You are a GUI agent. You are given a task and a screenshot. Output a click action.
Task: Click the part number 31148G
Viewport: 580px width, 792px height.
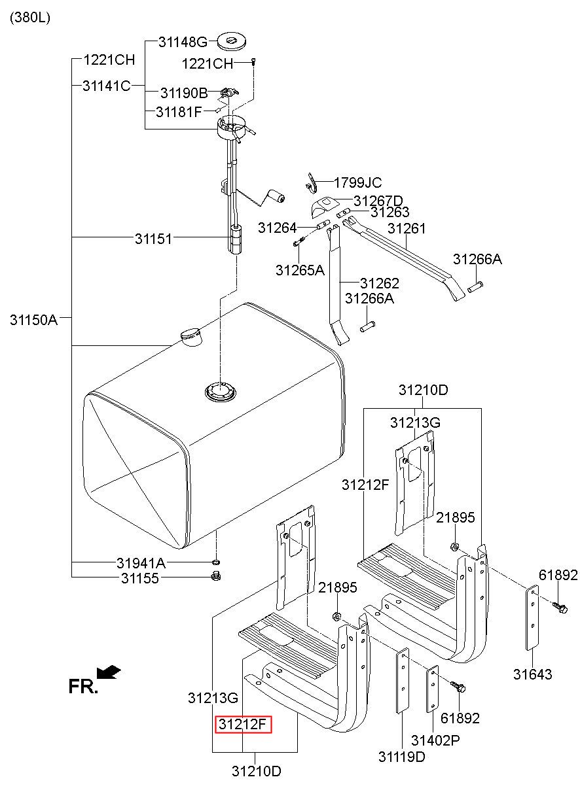point(183,43)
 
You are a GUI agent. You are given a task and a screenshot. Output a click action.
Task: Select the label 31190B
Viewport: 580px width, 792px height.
point(184,94)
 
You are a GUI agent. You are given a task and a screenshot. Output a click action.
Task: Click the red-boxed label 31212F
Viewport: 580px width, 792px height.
point(243,724)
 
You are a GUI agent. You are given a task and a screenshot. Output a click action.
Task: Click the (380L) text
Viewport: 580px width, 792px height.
point(29,18)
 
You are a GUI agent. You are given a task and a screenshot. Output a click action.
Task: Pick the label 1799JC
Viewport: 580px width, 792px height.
point(357,183)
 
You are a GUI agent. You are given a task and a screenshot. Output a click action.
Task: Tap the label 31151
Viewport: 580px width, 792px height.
point(153,239)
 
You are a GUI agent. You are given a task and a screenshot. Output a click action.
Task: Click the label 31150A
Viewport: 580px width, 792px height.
point(34,320)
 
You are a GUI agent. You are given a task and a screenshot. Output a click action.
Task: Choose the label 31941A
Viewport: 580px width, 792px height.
point(141,562)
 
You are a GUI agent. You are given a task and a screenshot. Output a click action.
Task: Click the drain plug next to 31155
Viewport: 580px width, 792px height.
point(216,576)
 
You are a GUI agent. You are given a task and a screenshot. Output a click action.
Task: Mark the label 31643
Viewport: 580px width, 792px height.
point(532,674)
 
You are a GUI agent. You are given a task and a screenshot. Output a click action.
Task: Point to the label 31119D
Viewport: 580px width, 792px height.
point(401,757)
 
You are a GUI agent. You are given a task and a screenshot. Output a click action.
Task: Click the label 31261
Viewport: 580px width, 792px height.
point(407,228)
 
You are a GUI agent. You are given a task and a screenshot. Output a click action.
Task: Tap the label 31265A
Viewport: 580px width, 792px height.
point(300,270)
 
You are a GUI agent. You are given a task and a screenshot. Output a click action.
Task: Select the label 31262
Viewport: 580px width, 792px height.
point(379,284)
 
